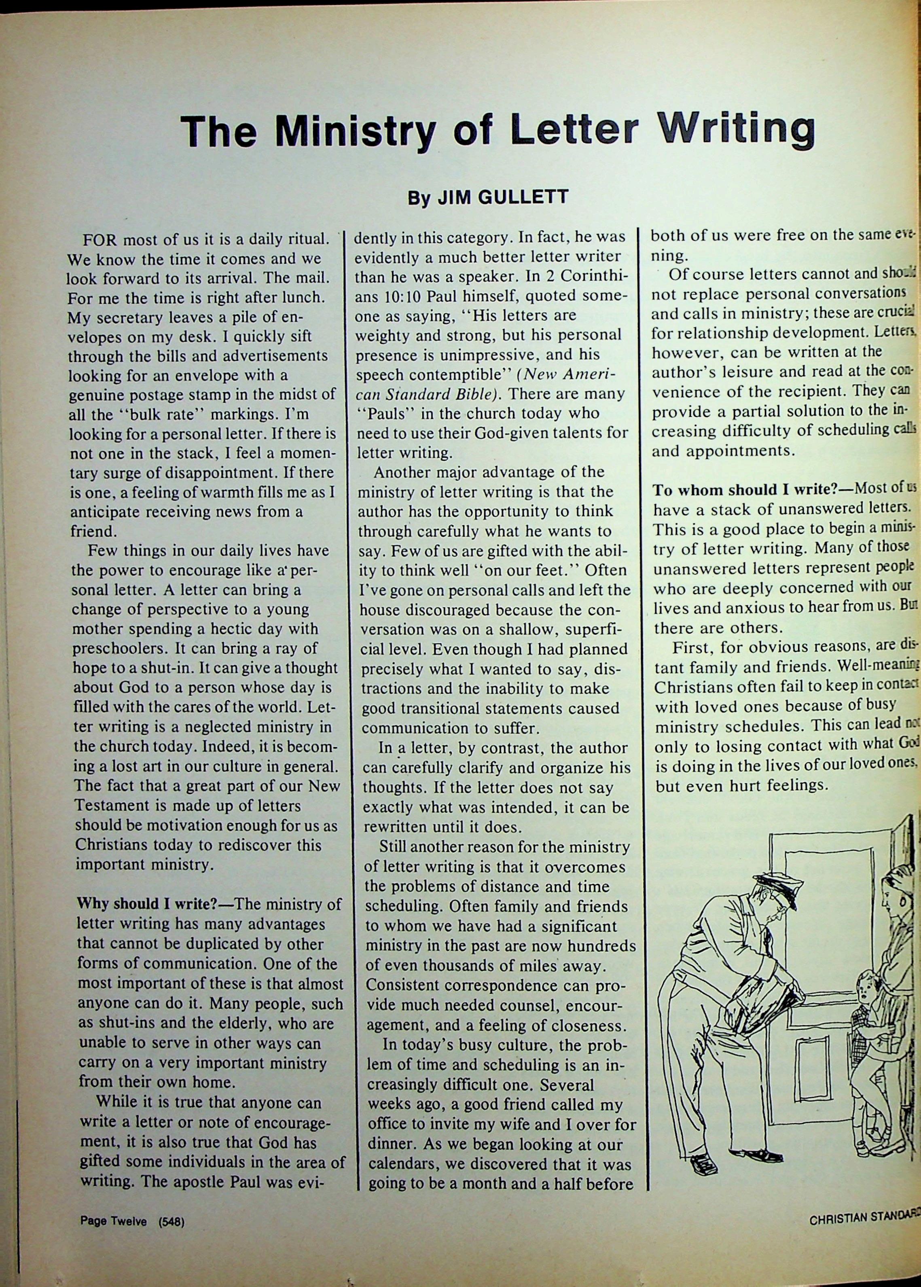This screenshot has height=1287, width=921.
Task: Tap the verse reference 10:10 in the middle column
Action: (x=397, y=296)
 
